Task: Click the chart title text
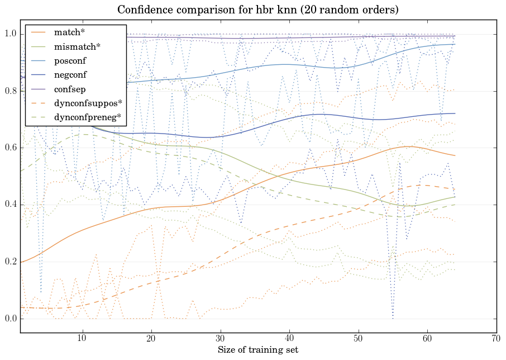tap(257, 10)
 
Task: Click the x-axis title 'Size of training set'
tap(257, 350)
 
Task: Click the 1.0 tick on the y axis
tap(10, 34)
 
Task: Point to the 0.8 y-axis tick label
tap(10, 91)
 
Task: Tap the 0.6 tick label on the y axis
tap(10, 148)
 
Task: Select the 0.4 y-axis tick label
tap(10, 205)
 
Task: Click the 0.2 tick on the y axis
tap(10, 262)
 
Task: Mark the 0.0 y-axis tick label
tap(10, 319)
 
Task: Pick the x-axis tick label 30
tap(220, 339)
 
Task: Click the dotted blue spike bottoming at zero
tap(393, 317)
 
